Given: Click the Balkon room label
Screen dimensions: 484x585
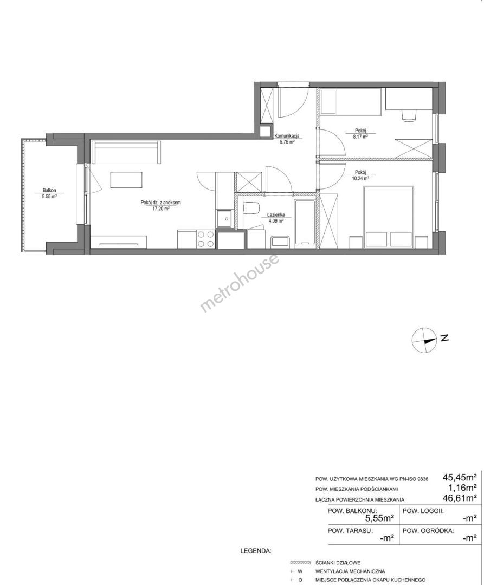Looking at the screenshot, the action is tap(49, 190).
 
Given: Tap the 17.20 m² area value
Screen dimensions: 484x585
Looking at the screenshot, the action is tap(161, 209).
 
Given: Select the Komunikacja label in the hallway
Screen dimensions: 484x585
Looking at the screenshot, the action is tap(287, 136).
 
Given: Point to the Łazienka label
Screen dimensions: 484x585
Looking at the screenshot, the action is tap(276, 214).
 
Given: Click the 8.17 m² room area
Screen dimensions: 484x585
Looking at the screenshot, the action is tap(361, 137).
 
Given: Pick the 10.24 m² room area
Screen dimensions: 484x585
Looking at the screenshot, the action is tap(361, 178).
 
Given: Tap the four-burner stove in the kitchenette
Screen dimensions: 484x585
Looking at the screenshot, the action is tap(205, 239).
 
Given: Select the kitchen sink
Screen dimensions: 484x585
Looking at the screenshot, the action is tap(224, 219).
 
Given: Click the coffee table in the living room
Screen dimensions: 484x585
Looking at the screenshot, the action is tap(127, 179).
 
